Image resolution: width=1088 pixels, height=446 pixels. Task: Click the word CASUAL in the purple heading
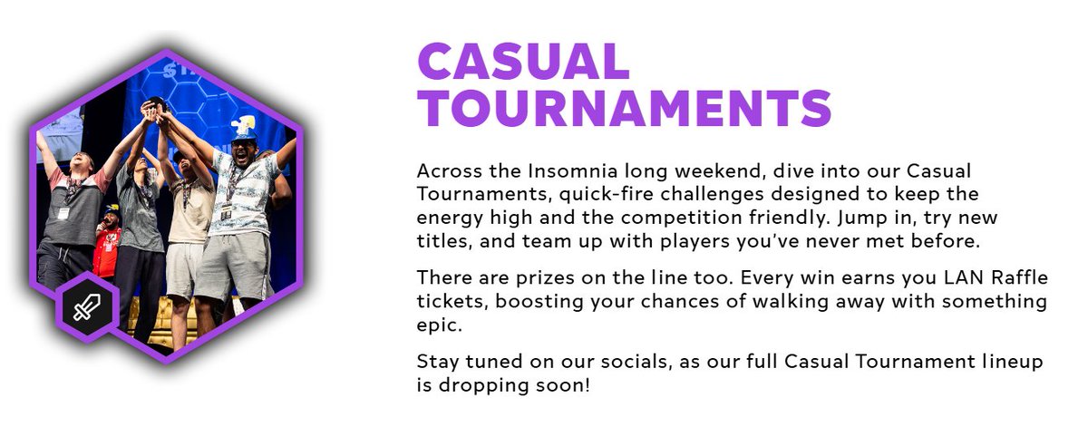[523, 62]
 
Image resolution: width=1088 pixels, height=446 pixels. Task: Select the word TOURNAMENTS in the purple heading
[624, 108]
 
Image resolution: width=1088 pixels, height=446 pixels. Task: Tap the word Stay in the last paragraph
[436, 362]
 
